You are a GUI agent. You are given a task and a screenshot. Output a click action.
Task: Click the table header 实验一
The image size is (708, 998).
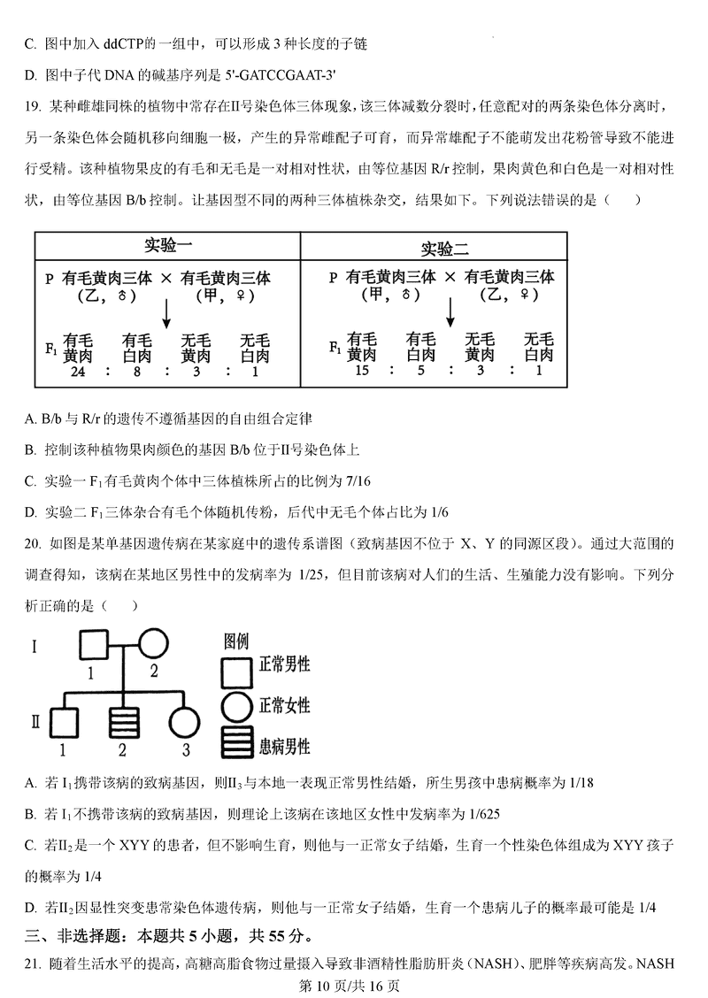(x=167, y=245)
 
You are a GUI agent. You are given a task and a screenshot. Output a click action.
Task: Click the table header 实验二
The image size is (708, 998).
(x=443, y=247)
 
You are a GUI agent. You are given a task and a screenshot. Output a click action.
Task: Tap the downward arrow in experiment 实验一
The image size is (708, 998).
(x=166, y=312)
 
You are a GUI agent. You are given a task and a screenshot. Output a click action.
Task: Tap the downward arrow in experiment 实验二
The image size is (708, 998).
(x=450, y=312)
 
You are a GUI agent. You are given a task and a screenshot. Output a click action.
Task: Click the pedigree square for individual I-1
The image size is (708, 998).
(x=95, y=644)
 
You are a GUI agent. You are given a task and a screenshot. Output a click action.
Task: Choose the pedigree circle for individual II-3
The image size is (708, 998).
(x=185, y=723)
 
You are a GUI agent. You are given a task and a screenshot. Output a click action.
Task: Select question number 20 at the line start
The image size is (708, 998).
(x=34, y=542)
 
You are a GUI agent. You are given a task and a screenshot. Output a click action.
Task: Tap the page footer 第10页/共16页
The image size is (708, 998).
(x=351, y=984)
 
